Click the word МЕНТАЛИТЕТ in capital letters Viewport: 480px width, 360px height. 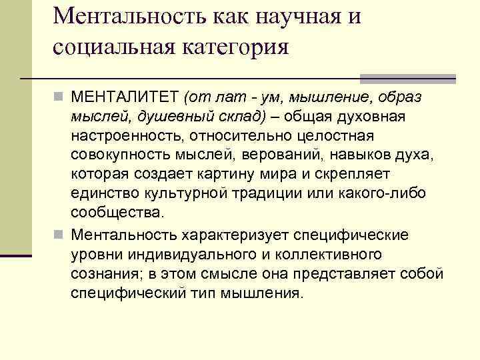[x=125, y=99]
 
